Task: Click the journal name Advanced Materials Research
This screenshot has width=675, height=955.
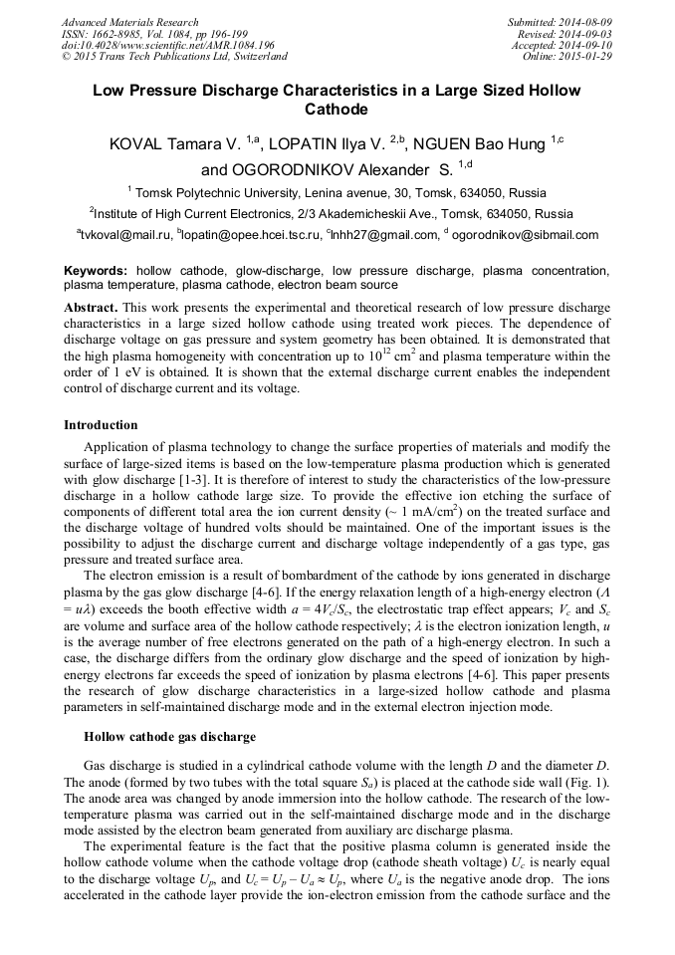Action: (129, 22)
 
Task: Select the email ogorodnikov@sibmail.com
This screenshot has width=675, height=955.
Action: (526, 235)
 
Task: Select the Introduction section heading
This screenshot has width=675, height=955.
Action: (101, 425)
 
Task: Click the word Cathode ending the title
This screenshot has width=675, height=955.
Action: (337, 110)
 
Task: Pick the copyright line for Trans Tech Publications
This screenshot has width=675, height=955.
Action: (174, 56)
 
